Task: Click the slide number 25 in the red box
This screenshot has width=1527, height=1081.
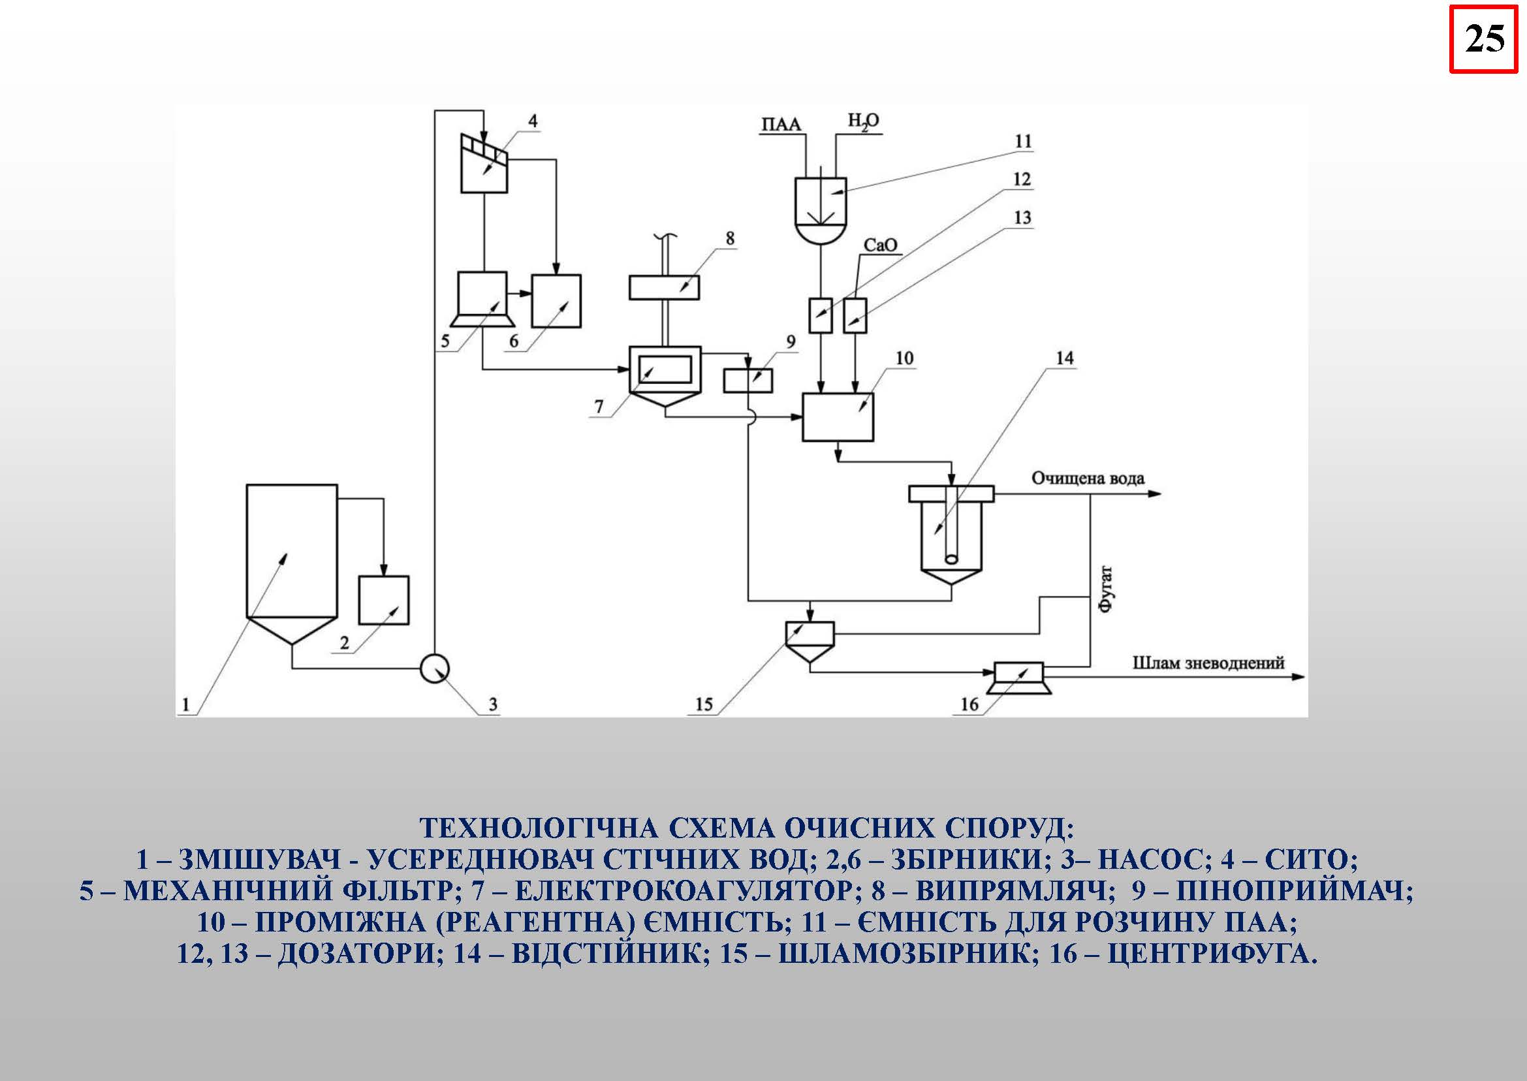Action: [1484, 39]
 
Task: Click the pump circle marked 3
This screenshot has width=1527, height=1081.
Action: [435, 668]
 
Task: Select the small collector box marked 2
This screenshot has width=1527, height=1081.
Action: [383, 600]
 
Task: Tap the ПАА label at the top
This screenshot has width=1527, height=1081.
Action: [781, 125]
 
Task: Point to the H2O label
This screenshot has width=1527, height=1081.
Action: [862, 122]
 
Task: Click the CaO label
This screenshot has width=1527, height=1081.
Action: [880, 245]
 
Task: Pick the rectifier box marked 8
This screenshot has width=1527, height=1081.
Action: [664, 288]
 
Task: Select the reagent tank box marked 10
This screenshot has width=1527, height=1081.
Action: [838, 417]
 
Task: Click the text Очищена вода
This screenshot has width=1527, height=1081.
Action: [1088, 478]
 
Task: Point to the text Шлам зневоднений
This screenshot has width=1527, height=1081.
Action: [1208, 663]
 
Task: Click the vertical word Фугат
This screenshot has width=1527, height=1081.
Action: [1107, 589]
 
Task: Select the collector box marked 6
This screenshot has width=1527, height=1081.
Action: [555, 301]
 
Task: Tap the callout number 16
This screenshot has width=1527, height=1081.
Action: [969, 704]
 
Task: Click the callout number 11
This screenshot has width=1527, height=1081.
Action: [1023, 142]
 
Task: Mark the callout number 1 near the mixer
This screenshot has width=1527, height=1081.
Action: [185, 704]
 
